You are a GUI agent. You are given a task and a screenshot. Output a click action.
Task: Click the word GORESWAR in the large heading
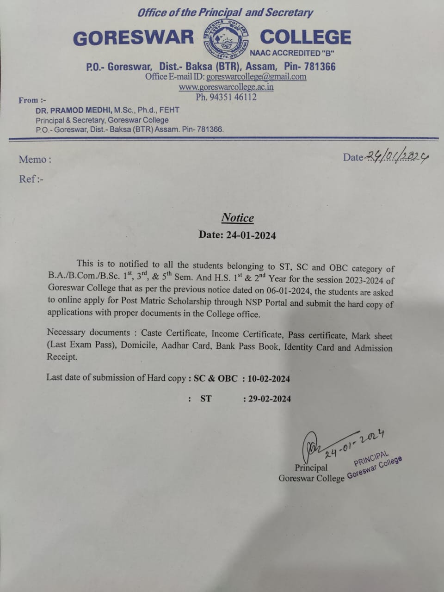point(134,38)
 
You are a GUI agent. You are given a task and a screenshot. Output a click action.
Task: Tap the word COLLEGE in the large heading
point(305,37)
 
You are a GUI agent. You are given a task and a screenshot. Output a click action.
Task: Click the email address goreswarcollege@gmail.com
point(256,77)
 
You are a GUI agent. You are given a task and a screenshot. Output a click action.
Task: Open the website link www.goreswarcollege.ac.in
point(226,87)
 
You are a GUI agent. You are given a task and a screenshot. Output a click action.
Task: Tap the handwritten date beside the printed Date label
point(397,157)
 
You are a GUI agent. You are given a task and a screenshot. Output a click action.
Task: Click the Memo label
point(35,160)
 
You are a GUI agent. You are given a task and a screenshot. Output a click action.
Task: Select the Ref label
point(31,179)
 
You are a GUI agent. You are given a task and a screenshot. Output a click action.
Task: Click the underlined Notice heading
point(238,218)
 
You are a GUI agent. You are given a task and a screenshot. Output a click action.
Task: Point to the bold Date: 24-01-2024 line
point(237,235)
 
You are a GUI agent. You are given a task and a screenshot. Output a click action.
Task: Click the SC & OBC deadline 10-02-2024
point(269,379)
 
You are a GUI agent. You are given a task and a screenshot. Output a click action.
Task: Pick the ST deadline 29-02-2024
point(269,399)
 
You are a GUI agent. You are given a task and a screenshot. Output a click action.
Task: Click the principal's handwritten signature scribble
point(312,444)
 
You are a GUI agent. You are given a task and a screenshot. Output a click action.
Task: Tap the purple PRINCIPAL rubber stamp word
point(371,458)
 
